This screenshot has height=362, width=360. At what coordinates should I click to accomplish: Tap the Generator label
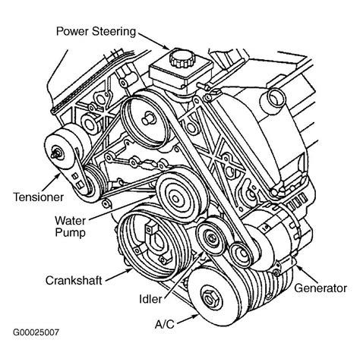(x=320, y=288)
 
